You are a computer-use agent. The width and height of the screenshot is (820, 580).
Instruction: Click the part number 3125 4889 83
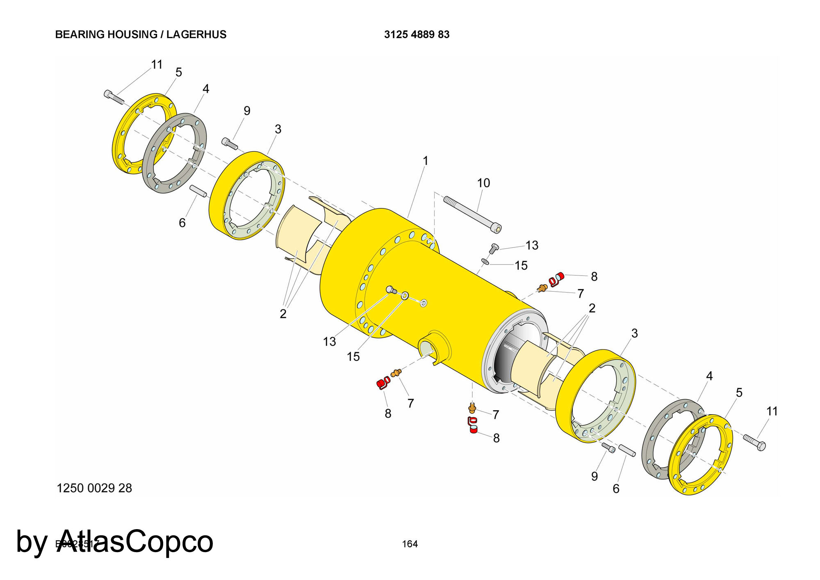pos(417,34)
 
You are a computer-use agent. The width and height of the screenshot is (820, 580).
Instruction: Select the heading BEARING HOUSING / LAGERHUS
pos(141,34)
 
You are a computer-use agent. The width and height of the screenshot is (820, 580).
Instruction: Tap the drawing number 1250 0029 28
pos(94,488)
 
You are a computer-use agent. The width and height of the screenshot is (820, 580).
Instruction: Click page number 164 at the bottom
pos(410,544)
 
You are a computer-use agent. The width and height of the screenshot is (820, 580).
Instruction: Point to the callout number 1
pos(425,161)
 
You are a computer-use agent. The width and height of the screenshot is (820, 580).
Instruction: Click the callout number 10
pos(483,183)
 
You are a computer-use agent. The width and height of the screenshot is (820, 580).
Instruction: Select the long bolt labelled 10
pos(472,214)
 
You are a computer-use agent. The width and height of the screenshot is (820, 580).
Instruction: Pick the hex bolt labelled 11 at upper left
pos(114,97)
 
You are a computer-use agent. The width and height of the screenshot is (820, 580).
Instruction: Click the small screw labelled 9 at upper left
pos(230,144)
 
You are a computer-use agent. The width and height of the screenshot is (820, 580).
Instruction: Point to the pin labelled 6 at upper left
pos(198,191)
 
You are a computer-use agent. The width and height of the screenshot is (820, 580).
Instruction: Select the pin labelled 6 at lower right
pos(627,450)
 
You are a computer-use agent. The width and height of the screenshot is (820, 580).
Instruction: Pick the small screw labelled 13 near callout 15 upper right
pos(494,248)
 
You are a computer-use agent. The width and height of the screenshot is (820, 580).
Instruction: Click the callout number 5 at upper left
pos(178,73)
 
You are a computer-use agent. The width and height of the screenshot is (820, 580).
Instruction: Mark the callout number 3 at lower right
pos(634,333)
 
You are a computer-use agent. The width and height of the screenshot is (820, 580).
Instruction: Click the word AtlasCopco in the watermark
pos(135,541)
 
